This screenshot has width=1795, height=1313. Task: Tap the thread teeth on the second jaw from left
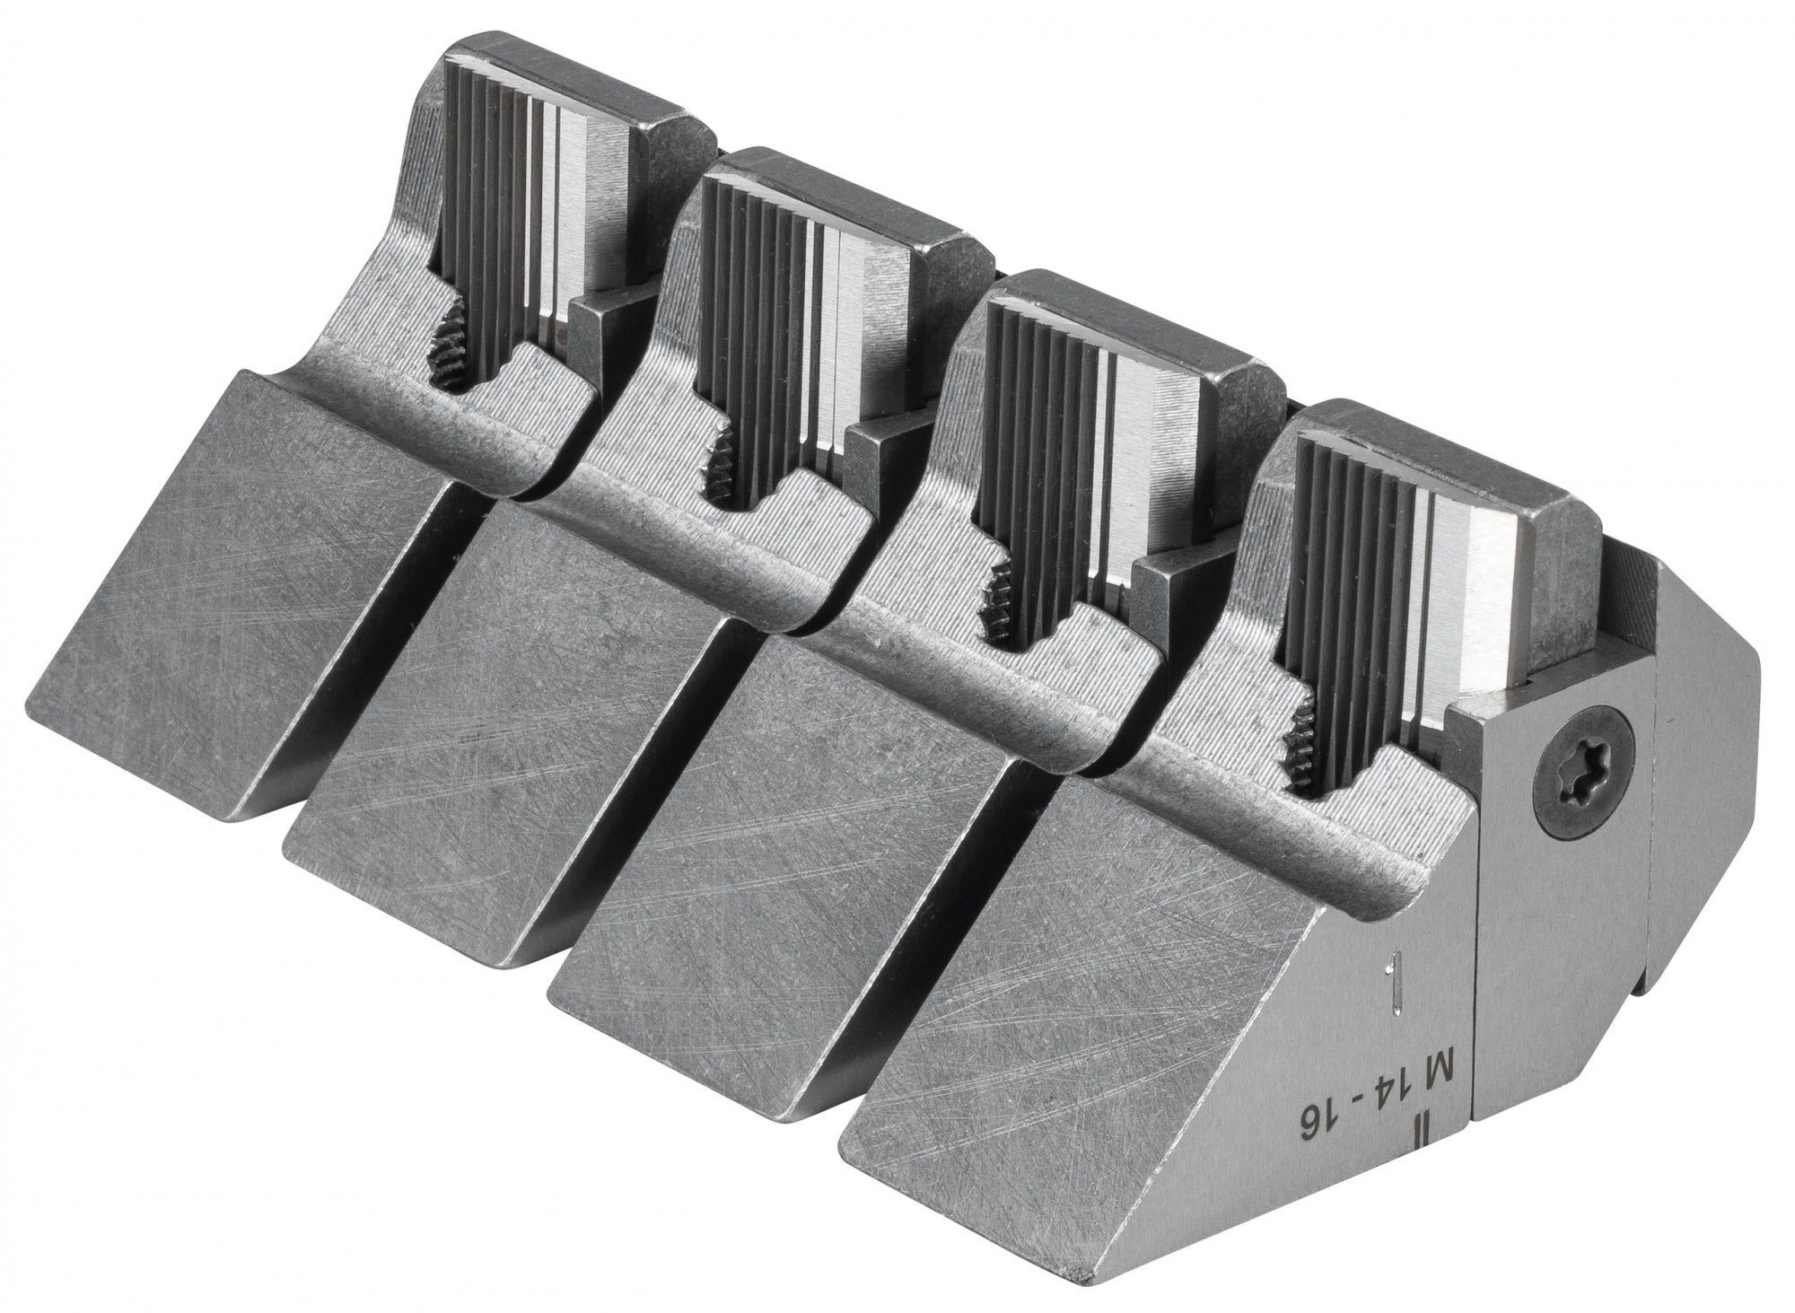pos(718,465)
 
